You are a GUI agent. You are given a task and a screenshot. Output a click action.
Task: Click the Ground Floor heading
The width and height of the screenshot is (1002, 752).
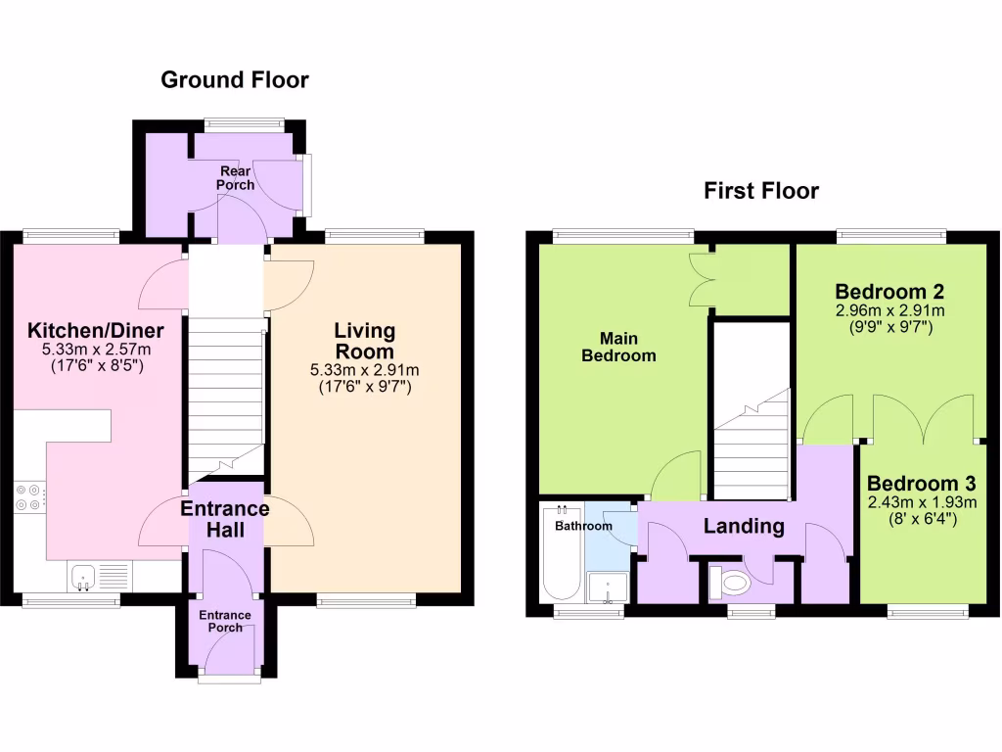(234, 80)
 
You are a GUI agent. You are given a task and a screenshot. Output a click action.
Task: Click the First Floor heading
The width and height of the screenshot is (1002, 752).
(761, 191)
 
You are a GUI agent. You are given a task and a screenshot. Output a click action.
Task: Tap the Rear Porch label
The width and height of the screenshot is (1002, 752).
(235, 178)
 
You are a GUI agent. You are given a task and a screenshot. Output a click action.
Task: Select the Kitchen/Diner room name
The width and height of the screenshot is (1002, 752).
(95, 330)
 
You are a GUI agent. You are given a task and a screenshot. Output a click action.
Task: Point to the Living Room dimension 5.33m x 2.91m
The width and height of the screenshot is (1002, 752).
(363, 370)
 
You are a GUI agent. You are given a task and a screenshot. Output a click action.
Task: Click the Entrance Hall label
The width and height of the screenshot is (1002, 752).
(224, 520)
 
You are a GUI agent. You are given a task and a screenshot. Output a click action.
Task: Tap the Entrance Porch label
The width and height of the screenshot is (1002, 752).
(225, 621)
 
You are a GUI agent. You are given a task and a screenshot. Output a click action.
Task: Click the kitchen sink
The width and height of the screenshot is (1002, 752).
(82, 577)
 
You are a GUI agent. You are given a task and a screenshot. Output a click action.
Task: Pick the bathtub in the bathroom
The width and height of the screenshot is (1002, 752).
(561, 553)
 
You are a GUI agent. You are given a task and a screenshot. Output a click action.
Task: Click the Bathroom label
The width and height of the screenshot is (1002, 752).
(583, 526)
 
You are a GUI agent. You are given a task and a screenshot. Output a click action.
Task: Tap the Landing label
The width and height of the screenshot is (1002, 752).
(744, 527)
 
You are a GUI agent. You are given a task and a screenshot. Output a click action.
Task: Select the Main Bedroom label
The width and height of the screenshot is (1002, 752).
(618, 347)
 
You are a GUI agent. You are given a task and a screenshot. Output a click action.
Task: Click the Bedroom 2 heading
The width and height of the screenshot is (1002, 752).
(889, 292)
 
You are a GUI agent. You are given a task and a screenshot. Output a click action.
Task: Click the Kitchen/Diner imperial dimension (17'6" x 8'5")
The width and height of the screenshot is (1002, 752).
(95, 367)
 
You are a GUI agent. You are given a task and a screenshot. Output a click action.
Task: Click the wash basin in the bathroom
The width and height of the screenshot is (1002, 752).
(608, 587)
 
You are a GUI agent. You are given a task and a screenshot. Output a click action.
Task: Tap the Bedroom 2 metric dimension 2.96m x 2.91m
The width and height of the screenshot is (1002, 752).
(889, 311)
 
